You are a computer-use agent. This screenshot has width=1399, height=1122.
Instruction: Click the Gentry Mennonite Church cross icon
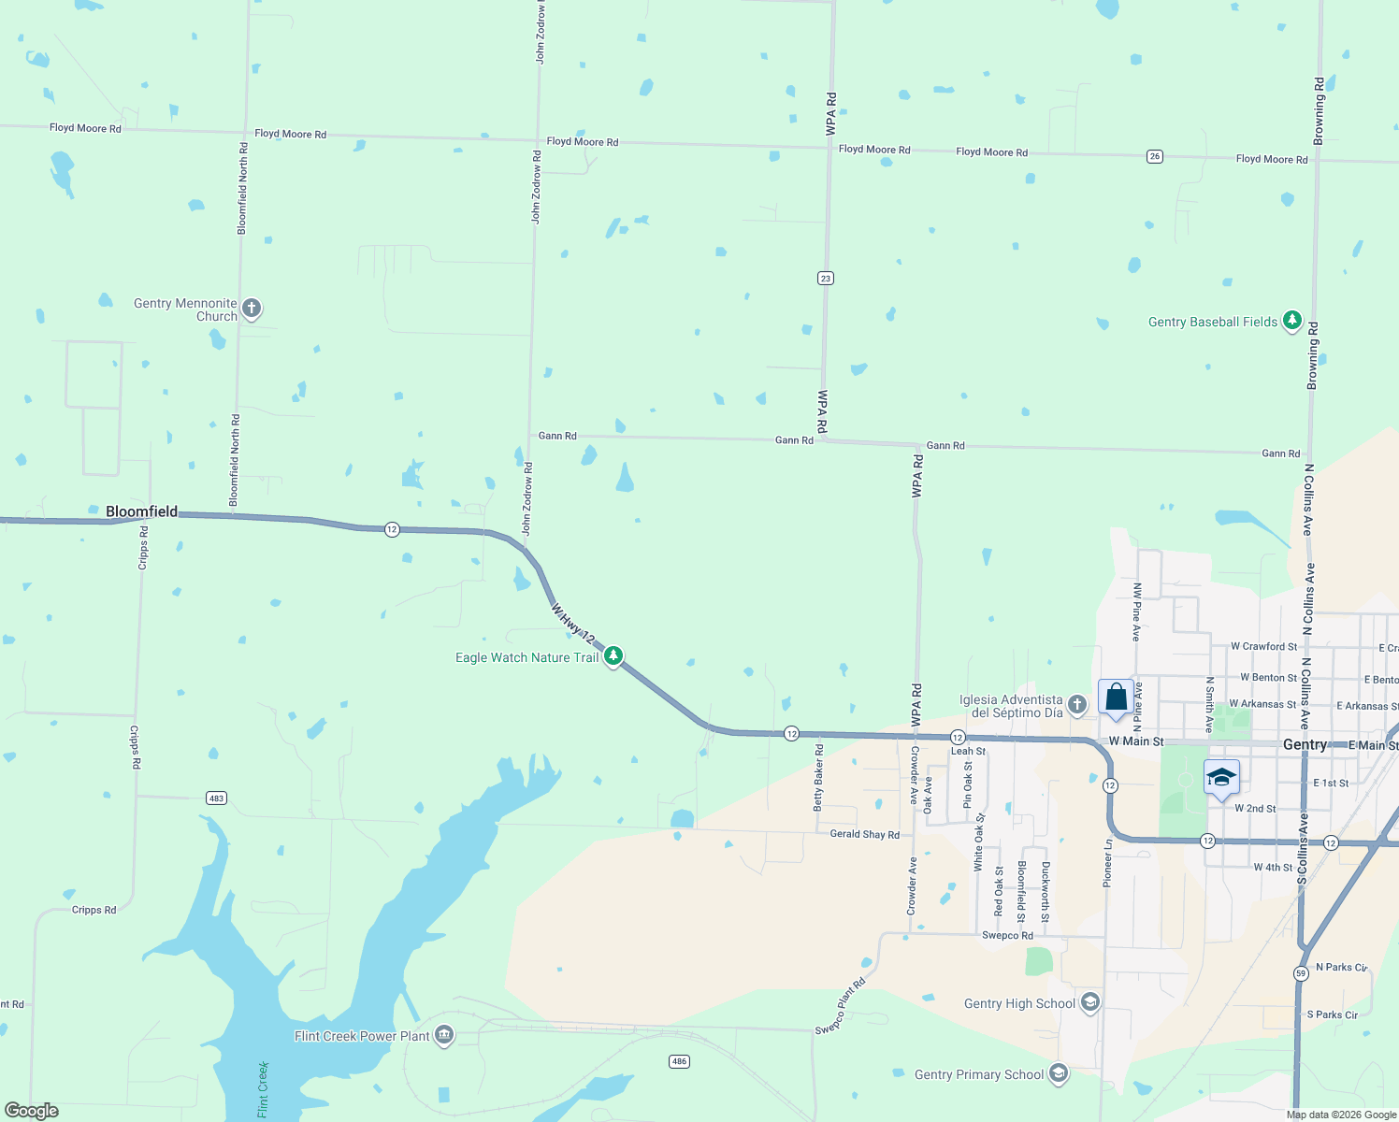pos(251,308)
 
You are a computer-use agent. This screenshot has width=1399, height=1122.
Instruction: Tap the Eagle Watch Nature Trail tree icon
pos(613,655)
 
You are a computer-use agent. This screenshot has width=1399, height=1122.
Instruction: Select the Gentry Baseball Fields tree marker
pos(1291,321)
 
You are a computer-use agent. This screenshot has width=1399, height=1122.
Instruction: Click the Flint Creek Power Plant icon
pos(444,1035)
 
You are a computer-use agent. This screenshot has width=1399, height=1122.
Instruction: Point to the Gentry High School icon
pos(1089,1002)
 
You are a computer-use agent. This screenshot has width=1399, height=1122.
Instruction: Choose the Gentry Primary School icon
pos(1058,1073)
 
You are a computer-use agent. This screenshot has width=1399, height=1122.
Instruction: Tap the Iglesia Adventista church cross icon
pos(1076,704)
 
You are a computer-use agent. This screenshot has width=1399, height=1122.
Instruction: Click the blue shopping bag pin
pos(1116,698)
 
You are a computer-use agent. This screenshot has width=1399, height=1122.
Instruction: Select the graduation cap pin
pos(1221,778)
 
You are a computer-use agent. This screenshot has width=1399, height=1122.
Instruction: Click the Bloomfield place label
pos(141,511)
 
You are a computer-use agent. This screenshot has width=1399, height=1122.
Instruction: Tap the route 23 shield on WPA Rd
pos(825,278)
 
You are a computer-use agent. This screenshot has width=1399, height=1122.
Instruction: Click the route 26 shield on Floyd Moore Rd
pos(1155,156)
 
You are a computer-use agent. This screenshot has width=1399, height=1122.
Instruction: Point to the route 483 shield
pos(216,798)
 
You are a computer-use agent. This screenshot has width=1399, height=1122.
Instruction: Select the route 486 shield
pos(680,1061)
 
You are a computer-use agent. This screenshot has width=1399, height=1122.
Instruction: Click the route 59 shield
pos(1301,973)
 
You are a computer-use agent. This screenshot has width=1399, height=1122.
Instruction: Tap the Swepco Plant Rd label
pos(840,1006)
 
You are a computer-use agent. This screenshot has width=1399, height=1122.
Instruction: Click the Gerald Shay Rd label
pos(864,834)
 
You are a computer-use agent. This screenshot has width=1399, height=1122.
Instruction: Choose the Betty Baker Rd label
pos(819,777)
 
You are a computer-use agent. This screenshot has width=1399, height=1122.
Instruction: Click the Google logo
pos(32,1111)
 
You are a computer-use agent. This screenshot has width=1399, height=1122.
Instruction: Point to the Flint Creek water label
pos(264,1089)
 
